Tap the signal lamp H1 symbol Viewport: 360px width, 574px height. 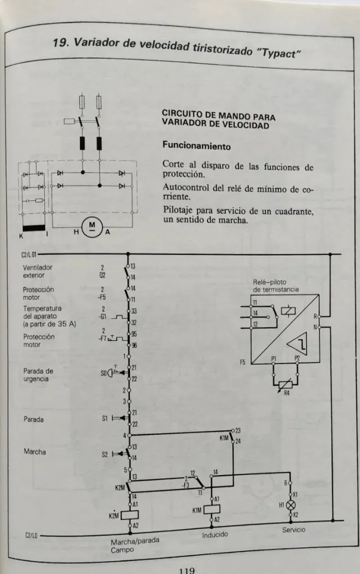(x=291, y=505)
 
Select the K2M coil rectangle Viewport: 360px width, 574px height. (x=130, y=514)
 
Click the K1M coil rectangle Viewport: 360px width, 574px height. (x=212, y=510)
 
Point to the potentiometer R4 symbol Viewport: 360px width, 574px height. (x=286, y=385)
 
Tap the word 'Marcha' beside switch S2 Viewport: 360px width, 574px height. (x=35, y=452)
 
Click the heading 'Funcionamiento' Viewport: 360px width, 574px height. (x=196, y=145)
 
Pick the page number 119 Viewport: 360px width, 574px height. (x=186, y=569)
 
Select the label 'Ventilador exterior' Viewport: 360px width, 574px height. (x=37, y=271)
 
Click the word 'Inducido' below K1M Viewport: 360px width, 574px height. (x=215, y=534)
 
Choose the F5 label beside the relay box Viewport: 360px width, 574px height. (x=243, y=362)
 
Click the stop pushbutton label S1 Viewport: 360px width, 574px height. (x=105, y=419)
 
